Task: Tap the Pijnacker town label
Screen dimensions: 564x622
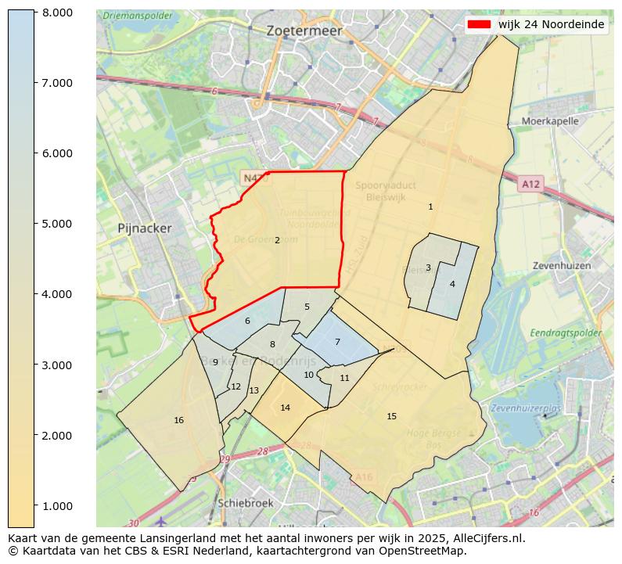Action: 144,228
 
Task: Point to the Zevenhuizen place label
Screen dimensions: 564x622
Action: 561,265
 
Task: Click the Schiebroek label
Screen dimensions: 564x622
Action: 247,503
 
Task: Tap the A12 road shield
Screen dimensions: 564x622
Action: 530,184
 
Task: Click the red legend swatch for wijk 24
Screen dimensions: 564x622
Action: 479,24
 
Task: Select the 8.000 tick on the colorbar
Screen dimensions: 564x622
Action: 57,13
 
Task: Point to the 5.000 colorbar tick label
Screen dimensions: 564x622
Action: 57,224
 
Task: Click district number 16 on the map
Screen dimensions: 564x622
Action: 178,421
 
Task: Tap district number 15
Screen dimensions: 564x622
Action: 392,416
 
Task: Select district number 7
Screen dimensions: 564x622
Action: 337,342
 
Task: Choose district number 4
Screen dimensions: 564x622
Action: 452,284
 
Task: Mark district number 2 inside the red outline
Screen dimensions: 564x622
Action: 277,240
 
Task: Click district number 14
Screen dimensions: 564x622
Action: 285,408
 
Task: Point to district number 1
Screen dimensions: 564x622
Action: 430,207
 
